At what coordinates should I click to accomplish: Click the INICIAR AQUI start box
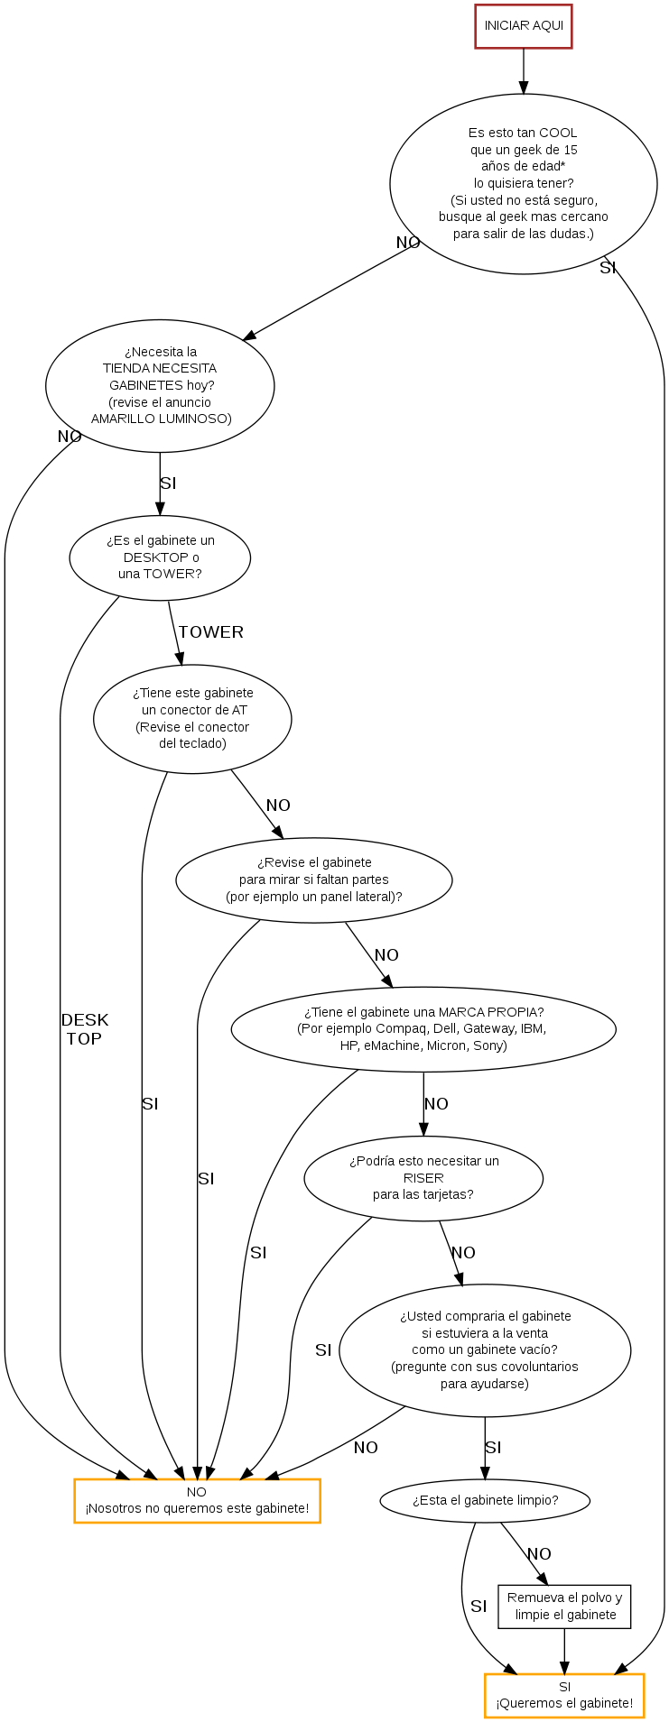tap(524, 26)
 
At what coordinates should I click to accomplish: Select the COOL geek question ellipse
tap(524, 184)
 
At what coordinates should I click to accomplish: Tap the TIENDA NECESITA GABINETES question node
tap(160, 385)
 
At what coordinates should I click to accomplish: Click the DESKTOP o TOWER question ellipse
tap(160, 557)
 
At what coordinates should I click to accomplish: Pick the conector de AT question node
tap(192, 719)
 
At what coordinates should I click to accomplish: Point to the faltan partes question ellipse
tap(313, 879)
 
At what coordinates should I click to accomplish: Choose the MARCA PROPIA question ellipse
tap(423, 1029)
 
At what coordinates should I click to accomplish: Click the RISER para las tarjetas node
tap(423, 1178)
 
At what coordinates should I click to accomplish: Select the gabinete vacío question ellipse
tap(485, 1350)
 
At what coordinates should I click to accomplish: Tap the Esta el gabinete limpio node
tap(485, 1500)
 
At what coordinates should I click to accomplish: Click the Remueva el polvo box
tap(564, 1607)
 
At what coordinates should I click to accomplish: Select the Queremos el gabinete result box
tap(564, 1696)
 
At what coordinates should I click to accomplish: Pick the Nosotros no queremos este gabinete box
tap(197, 1500)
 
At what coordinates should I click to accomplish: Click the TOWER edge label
tap(211, 632)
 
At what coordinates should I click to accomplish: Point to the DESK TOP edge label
tap(84, 1029)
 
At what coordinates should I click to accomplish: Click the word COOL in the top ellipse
tap(558, 133)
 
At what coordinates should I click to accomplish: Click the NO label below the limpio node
tap(539, 1554)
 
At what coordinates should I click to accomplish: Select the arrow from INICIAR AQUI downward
tap(524, 71)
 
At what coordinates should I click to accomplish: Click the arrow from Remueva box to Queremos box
tap(564, 1651)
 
